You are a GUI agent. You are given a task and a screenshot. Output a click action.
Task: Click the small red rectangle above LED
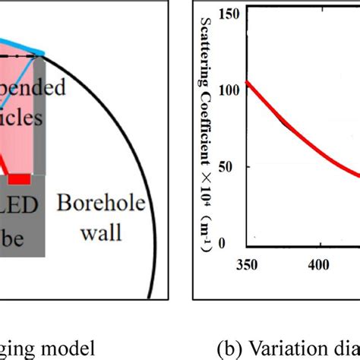(x=19, y=179)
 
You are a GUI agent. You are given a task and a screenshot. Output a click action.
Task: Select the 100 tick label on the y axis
(x=231, y=89)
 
